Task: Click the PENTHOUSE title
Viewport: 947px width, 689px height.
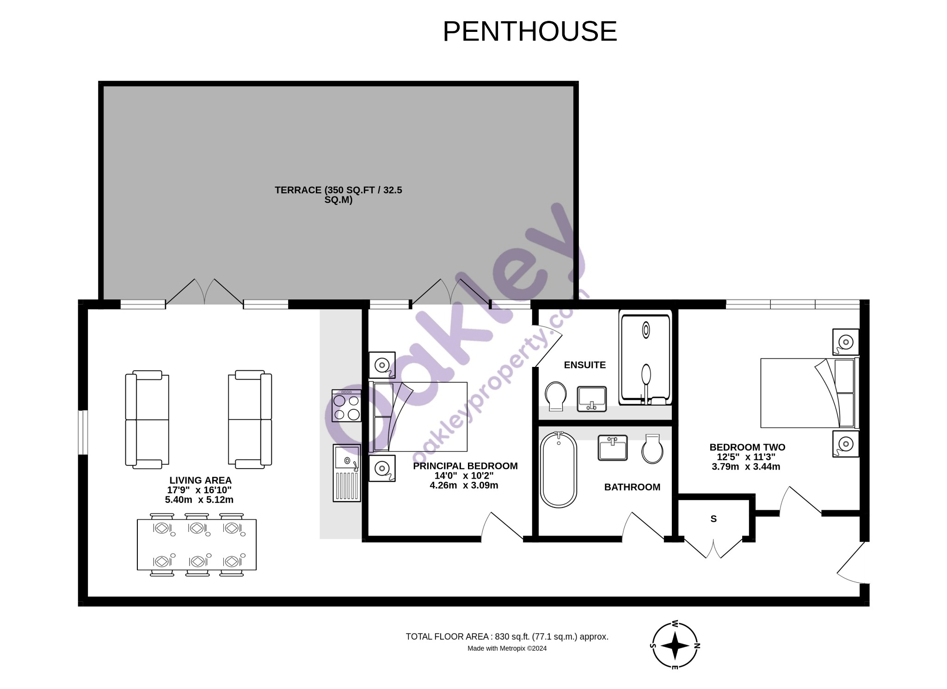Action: pyautogui.click(x=530, y=31)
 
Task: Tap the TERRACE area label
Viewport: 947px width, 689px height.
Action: pyautogui.click(x=338, y=195)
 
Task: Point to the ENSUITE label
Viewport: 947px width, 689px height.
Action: pyautogui.click(x=584, y=365)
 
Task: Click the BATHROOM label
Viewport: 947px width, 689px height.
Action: pyautogui.click(x=632, y=487)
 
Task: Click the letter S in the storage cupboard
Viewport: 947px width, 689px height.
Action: pyautogui.click(x=713, y=519)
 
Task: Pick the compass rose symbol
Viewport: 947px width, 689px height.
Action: pyautogui.click(x=675, y=646)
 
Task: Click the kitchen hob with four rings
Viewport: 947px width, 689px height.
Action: pyautogui.click(x=346, y=405)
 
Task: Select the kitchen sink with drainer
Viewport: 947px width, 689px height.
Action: pyautogui.click(x=346, y=473)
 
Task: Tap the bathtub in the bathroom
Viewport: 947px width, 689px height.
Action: pyautogui.click(x=559, y=469)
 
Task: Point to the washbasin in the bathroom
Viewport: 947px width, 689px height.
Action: pyautogui.click(x=613, y=447)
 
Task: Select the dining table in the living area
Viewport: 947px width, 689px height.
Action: pyautogui.click(x=197, y=545)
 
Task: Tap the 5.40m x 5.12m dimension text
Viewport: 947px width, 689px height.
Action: pyautogui.click(x=199, y=500)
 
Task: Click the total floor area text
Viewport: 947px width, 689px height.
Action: pyautogui.click(x=507, y=637)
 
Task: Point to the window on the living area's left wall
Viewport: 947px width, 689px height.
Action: pyautogui.click(x=83, y=433)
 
